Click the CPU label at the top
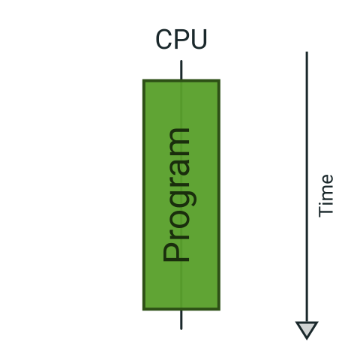pyautogui.click(x=181, y=39)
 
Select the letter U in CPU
pyautogui.click(x=198, y=39)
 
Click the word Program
pyautogui.click(x=177, y=195)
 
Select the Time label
pyautogui.click(x=326, y=195)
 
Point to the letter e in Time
pyautogui.click(x=327, y=179)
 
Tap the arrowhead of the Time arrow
pyautogui.click(x=307, y=330)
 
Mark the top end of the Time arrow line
pyautogui.click(x=307, y=52)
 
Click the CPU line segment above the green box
pyautogui.click(x=181, y=70)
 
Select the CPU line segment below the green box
pyautogui.click(x=181, y=319)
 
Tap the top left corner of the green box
pyautogui.click(x=144, y=80)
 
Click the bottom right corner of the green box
pyautogui.click(x=218, y=309)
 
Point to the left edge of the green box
pyautogui.click(x=144, y=195)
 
